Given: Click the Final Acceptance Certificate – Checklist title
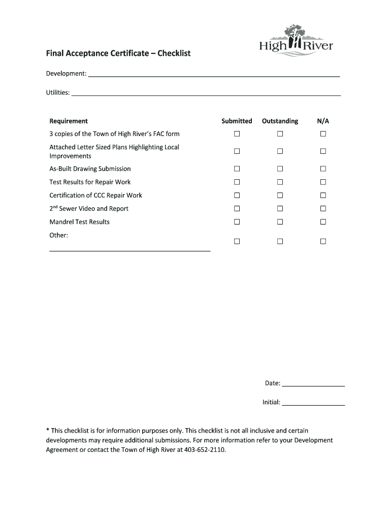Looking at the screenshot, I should pyautogui.click(x=118, y=53).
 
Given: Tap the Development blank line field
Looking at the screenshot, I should pyautogui.click(x=214, y=75).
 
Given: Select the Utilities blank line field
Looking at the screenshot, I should pyautogui.click(x=206, y=93).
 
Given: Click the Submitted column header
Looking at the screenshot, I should pyautogui.click(x=237, y=121).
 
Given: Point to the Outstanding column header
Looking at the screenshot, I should pyautogui.click(x=280, y=121).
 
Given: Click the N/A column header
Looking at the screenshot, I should pyautogui.click(x=323, y=121).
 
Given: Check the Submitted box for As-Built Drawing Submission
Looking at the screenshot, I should pyautogui.click(x=237, y=169).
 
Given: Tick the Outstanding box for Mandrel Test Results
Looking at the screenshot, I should pyautogui.click(x=280, y=222).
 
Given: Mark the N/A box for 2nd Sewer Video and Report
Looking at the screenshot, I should pyautogui.click(x=323, y=209).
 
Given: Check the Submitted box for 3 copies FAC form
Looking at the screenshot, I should pyautogui.click(x=237, y=134).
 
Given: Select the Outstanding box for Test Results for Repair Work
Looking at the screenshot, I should pyautogui.click(x=280, y=182).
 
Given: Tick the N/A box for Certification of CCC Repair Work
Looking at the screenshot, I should pyautogui.click(x=323, y=196).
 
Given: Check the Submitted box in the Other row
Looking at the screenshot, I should pyautogui.click(x=237, y=242).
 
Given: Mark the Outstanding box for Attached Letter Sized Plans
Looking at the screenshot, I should pyautogui.click(x=280, y=151).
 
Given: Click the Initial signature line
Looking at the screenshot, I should pyautogui.click(x=313, y=403).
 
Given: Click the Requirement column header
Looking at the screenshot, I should pyautogui.click(x=69, y=121).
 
